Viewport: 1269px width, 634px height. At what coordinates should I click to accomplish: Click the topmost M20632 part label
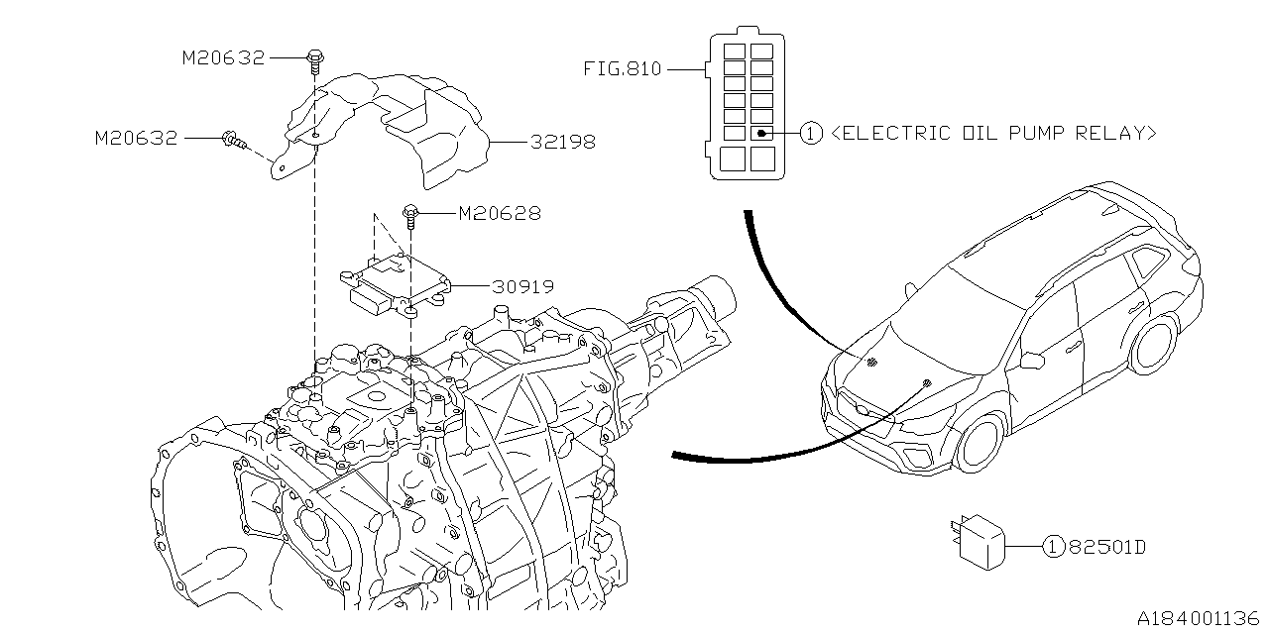pyautogui.click(x=223, y=58)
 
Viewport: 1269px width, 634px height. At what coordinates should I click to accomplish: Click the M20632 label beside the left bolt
pyautogui.click(x=137, y=139)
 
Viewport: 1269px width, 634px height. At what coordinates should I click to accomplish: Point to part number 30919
pyautogui.click(x=522, y=287)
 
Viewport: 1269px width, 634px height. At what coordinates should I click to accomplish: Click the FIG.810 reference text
pyautogui.click(x=622, y=70)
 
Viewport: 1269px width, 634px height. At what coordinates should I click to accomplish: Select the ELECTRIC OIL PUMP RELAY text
pyautogui.click(x=992, y=134)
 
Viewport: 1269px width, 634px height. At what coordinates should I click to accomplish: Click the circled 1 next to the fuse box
pyautogui.click(x=811, y=134)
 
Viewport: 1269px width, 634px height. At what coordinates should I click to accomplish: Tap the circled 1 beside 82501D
pyautogui.click(x=1054, y=546)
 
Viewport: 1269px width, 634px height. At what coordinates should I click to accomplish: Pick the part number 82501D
pyautogui.click(x=1105, y=546)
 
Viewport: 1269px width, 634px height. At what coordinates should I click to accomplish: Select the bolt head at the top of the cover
pyautogui.click(x=315, y=57)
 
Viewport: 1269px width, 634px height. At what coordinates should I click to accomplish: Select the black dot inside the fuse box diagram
pyautogui.click(x=759, y=133)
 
